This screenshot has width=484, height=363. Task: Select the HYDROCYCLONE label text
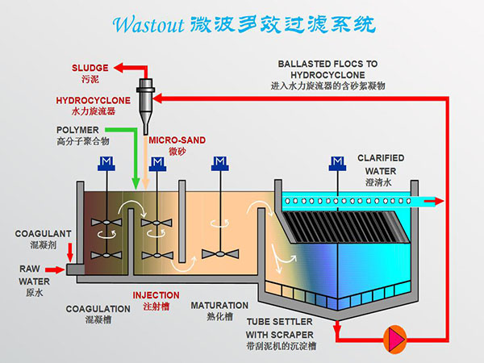click(92, 100)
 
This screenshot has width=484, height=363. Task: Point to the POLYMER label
click(78, 129)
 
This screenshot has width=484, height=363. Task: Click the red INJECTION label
click(156, 295)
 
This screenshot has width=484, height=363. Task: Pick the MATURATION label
click(219, 306)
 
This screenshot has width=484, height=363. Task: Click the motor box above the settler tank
click(336, 165)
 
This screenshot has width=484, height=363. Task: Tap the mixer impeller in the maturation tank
click(219, 252)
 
